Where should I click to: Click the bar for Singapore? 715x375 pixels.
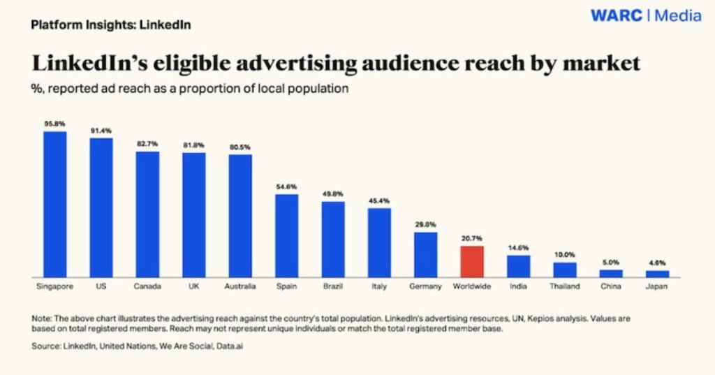(54, 204)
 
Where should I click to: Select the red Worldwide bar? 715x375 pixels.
(472, 261)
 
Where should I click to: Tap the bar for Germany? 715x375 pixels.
(426, 254)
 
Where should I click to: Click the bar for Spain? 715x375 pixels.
(286, 235)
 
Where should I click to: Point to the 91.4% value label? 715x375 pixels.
(101, 131)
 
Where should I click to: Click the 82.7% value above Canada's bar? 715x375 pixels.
(147, 144)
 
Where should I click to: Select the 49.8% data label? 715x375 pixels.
(333, 194)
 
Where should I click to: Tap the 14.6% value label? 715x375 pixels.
(518, 248)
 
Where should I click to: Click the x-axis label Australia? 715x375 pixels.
(240, 286)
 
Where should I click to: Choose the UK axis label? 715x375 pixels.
(193, 286)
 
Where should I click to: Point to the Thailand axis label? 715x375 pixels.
(565, 286)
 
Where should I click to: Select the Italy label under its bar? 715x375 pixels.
(379, 286)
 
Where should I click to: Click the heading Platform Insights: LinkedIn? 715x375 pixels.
(111, 25)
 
